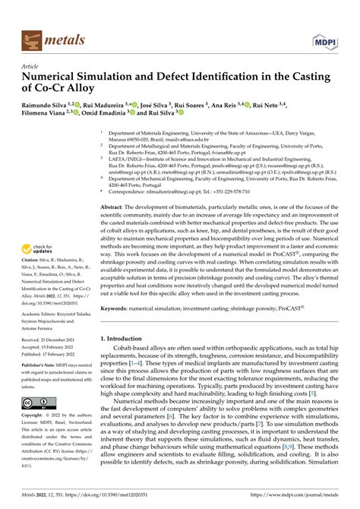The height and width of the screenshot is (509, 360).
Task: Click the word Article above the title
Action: [33, 66]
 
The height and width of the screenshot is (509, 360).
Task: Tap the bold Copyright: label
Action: [35, 416]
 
